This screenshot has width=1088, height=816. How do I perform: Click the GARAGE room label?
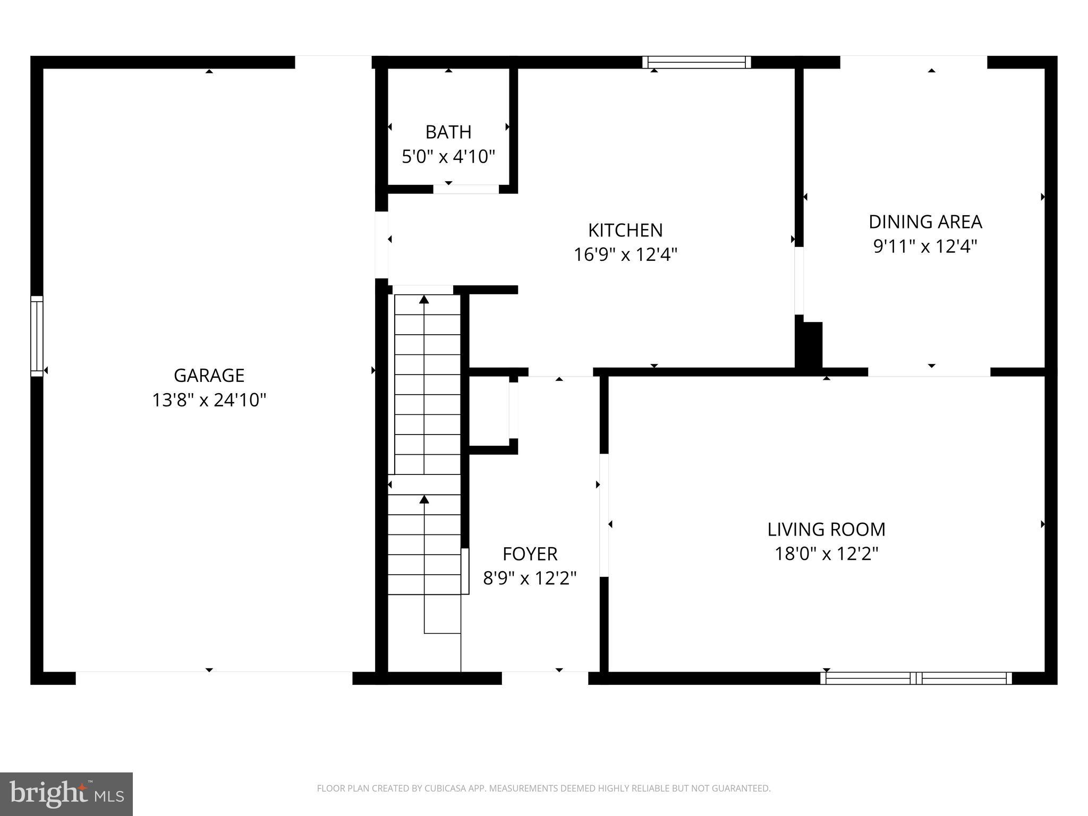coord(209,376)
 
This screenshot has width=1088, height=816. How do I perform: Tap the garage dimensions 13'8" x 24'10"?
coord(209,400)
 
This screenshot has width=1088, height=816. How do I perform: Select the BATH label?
coord(448,132)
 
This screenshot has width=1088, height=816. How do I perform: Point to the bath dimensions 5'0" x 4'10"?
coord(448,157)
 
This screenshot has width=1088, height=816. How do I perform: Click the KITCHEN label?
coord(625,230)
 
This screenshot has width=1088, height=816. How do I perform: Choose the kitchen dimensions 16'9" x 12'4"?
coord(625,255)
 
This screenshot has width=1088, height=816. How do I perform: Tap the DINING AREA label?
coord(925,222)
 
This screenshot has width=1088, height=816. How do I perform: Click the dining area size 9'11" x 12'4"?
coord(925,246)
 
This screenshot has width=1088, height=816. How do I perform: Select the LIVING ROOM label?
coord(826,529)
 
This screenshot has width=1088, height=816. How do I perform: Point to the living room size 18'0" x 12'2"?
coord(826,554)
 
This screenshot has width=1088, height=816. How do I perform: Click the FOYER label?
coord(530,554)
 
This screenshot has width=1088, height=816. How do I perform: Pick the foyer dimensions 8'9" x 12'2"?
coord(530,578)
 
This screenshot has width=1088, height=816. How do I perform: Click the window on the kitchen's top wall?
coord(696,62)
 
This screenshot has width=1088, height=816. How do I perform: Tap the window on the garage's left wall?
coord(37,336)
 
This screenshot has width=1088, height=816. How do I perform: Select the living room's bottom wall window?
coord(916,678)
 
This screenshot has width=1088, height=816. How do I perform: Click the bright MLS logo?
coord(66,794)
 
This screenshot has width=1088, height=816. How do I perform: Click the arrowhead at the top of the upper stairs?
coord(424,300)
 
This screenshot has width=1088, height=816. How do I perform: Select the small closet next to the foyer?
coord(489,410)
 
